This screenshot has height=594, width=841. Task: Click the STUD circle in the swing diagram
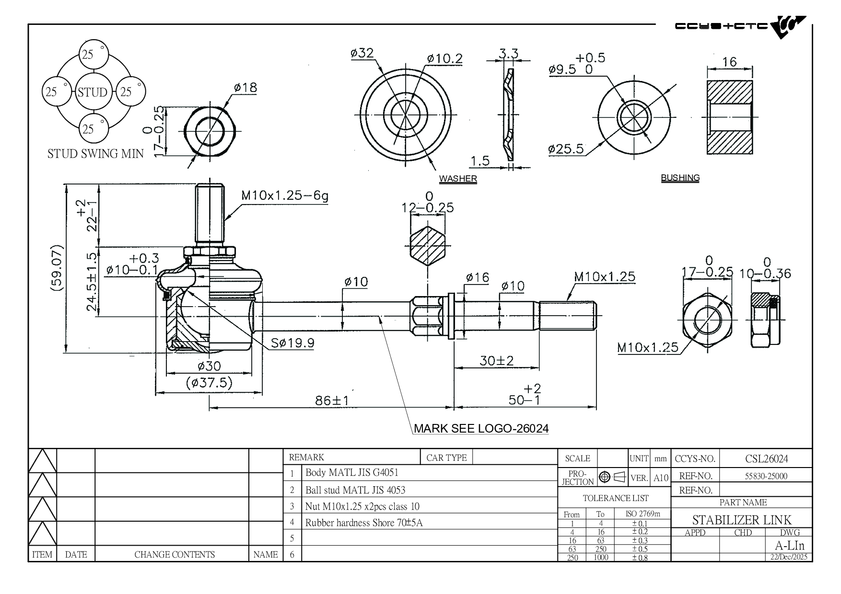[x=92, y=91]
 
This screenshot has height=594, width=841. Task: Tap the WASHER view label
[x=458, y=179]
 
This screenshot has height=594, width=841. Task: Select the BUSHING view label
[x=680, y=178]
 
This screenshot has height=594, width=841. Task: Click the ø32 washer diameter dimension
[x=362, y=53]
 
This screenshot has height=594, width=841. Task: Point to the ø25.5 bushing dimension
[x=566, y=149]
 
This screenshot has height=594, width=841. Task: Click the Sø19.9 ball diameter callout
[x=292, y=343]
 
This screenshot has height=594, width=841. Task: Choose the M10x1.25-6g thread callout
[x=284, y=195]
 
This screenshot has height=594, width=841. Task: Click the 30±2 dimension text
[x=496, y=361]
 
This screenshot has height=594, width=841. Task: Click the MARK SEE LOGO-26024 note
[x=481, y=428]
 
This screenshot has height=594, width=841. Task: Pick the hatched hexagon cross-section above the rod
[x=428, y=245]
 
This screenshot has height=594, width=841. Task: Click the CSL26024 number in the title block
[x=766, y=459]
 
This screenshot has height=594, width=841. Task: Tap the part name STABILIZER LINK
[x=741, y=520]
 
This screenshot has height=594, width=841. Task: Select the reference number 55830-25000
[x=766, y=476]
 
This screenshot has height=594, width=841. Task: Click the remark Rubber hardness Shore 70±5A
[x=364, y=523]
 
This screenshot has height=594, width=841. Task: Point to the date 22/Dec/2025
[x=789, y=557]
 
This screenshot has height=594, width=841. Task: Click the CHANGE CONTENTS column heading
[x=175, y=555]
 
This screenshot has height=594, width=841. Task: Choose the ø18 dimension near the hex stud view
[x=245, y=88]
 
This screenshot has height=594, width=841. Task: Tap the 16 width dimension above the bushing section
[x=729, y=62]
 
